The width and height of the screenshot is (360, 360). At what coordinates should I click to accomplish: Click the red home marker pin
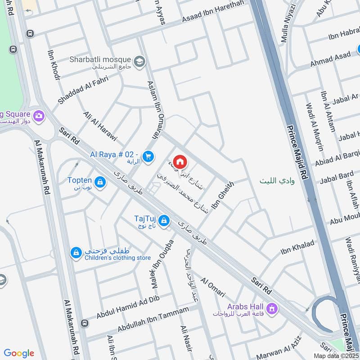pyautogui.click(x=180, y=161)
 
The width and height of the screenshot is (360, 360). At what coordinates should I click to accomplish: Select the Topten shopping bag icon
pyautogui.click(x=100, y=182)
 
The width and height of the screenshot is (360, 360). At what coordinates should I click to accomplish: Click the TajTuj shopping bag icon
pyautogui.click(x=165, y=220)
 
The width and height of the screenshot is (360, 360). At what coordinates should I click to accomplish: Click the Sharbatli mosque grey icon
pyautogui.click(x=139, y=60)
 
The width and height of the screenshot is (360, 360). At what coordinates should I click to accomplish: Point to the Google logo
pyautogui.click(x=19, y=353)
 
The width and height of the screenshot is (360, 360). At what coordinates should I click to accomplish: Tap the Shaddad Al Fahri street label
pyautogui.click(x=89, y=90)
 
